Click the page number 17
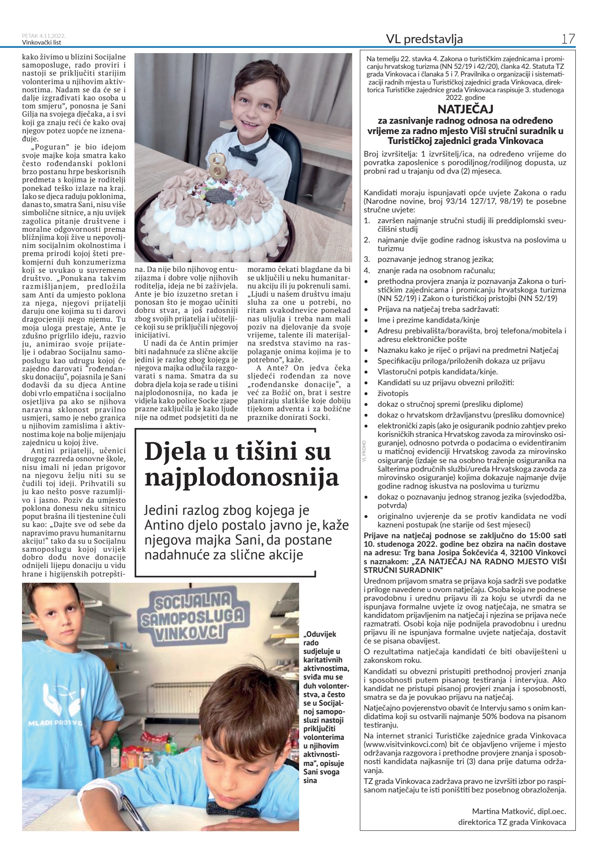568,39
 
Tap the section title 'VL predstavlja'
424,40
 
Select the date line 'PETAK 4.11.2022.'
44,36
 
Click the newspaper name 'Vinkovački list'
41,43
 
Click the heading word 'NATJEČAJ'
465,109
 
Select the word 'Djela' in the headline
175,452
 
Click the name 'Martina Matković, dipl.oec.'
519,811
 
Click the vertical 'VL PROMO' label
364,450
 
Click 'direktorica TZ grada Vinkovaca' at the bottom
512,822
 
